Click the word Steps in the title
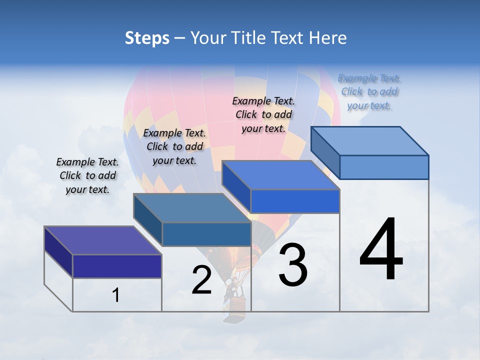coord(147,38)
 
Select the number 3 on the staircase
coord(292,265)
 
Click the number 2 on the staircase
coord(201,280)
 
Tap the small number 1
coord(116,295)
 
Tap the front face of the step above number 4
coord(384,167)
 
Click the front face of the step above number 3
coord(295,201)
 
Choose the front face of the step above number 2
coord(206,234)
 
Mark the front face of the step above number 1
coord(117,266)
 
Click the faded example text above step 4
coord(369,92)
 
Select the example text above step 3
coord(263,114)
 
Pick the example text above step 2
coord(174,146)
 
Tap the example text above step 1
coord(87,175)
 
